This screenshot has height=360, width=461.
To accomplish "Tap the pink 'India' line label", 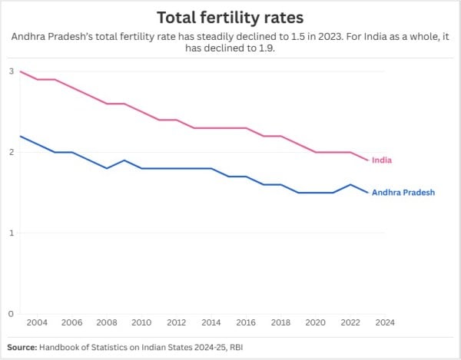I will coord(382,160).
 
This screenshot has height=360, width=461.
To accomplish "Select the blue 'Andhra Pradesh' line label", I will coord(403,193).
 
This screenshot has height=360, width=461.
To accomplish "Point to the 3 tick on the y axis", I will coord(11,71).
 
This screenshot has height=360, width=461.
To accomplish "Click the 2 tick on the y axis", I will coord(11,152).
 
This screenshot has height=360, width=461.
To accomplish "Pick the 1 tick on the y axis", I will coord(11,233).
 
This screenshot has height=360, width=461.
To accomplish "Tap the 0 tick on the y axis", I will coord(11,313).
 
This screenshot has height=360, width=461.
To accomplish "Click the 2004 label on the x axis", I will coord(37,323).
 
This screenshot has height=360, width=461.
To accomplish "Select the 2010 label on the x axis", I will coord(141,323).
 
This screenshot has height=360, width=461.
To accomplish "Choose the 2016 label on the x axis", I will coord(246,323).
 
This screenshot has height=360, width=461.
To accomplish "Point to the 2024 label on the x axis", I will coord(385,323).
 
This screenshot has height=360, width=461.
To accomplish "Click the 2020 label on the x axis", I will coord(316,323).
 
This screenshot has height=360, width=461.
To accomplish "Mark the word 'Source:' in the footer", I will coord(24,348).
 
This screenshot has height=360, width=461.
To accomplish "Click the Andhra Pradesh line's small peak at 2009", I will coord(124,160).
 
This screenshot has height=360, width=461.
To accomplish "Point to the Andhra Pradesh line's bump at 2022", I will coord(350,184).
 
